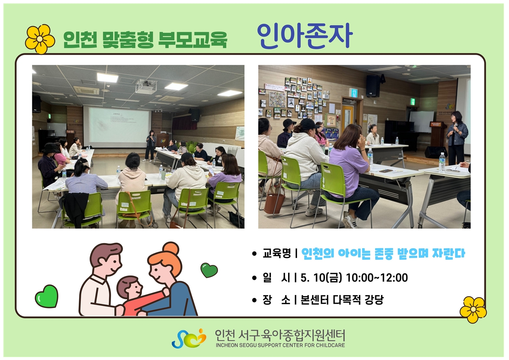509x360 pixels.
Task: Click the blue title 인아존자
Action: pyautogui.click(x=305, y=37)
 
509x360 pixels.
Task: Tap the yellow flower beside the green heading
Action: pyautogui.click(x=40, y=39)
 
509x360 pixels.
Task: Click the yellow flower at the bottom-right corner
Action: pyautogui.click(x=473, y=310)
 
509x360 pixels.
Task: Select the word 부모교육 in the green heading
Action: pyautogui.click(x=193, y=40)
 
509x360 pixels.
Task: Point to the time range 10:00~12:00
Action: pyautogui.click(x=377, y=278)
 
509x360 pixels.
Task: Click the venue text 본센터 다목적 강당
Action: pyautogui.click(x=342, y=300)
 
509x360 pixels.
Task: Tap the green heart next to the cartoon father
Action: pyautogui.click(x=46, y=296)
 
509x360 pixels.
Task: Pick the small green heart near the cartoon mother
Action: pyautogui.click(x=209, y=270)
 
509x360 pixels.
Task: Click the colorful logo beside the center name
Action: pyautogui.click(x=189, y=339)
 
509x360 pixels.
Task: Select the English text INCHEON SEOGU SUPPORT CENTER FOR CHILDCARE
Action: pyautogui.click(x=280, y=345)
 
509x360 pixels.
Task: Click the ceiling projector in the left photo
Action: pyautogui.click(x=146, y=86)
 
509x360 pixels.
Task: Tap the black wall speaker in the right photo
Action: pyautogui.click(x=373, y=86)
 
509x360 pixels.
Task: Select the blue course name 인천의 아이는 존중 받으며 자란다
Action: pyautogui.click(x=383, y=254)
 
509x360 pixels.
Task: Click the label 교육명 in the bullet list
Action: pyautogui.click(x=277, y=253)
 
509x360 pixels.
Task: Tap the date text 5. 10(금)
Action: pyautogui.click(x=321, y=278)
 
